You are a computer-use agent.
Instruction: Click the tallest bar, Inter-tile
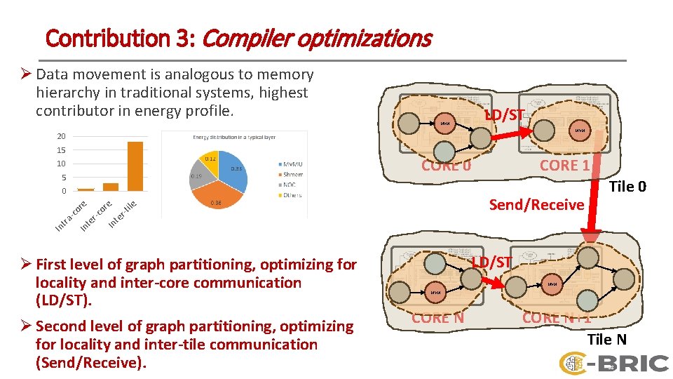(135, 166)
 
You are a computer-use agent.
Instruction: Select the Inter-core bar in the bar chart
(111, 187)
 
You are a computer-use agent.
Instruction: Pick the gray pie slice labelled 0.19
(197, 176)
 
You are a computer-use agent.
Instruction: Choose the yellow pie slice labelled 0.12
(211, 160)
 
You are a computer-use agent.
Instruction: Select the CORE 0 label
(446, 166)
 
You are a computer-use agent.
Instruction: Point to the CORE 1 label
(564, 166)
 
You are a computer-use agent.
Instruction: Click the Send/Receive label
(536, 205)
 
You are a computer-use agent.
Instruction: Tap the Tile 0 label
(627, 186)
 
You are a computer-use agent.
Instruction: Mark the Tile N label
(606, 340)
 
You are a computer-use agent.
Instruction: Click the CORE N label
(437, 317)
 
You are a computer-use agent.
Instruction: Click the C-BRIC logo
(613, 362)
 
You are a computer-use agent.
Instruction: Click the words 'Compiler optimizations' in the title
(316, 38)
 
